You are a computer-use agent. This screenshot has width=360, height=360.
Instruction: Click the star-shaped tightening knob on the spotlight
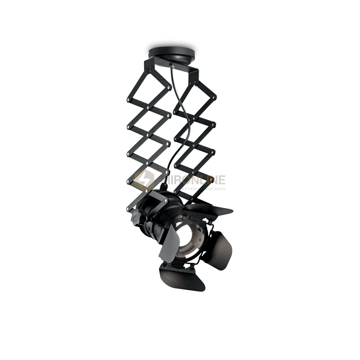tap(136, 218)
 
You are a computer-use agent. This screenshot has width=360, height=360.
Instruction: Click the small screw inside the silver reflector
tap(199, 239)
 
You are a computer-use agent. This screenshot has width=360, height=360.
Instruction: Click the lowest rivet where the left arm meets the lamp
tap(127, 209)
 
